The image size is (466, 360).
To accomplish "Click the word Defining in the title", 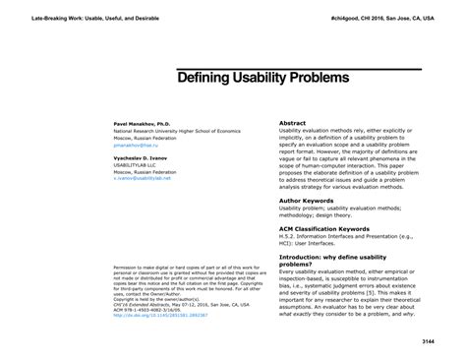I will coord(204,77).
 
